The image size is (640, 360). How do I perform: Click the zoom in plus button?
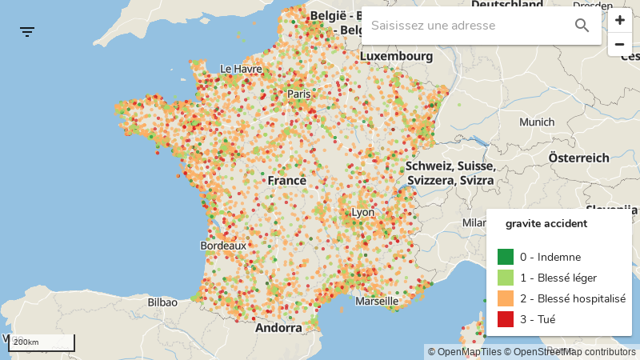[619, 21]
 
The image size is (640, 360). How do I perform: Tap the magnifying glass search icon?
[582, 26]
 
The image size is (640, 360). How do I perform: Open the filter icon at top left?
[27, 32]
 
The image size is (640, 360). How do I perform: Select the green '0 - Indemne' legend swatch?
[506, 257]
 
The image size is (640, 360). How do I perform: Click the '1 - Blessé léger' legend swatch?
[506, 278]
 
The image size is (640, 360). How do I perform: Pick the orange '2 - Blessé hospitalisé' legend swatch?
[506, 298]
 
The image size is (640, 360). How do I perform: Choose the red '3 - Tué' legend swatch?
[506, 319]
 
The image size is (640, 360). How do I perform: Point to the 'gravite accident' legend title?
[546, 223]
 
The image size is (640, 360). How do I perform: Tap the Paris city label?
[299, 94]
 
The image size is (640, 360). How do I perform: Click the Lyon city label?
[362, 212]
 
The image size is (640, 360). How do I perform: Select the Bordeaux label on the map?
[223, 246]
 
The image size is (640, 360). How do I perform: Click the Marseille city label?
[376, 302]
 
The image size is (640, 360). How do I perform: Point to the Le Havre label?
[241, 69]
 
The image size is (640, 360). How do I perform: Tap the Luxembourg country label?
[396, 57]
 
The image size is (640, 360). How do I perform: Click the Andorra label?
[278, 327]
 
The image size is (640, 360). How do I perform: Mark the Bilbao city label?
[162, 302]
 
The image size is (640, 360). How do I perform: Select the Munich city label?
[536, 122]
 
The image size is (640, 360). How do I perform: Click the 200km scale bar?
[42, 342]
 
